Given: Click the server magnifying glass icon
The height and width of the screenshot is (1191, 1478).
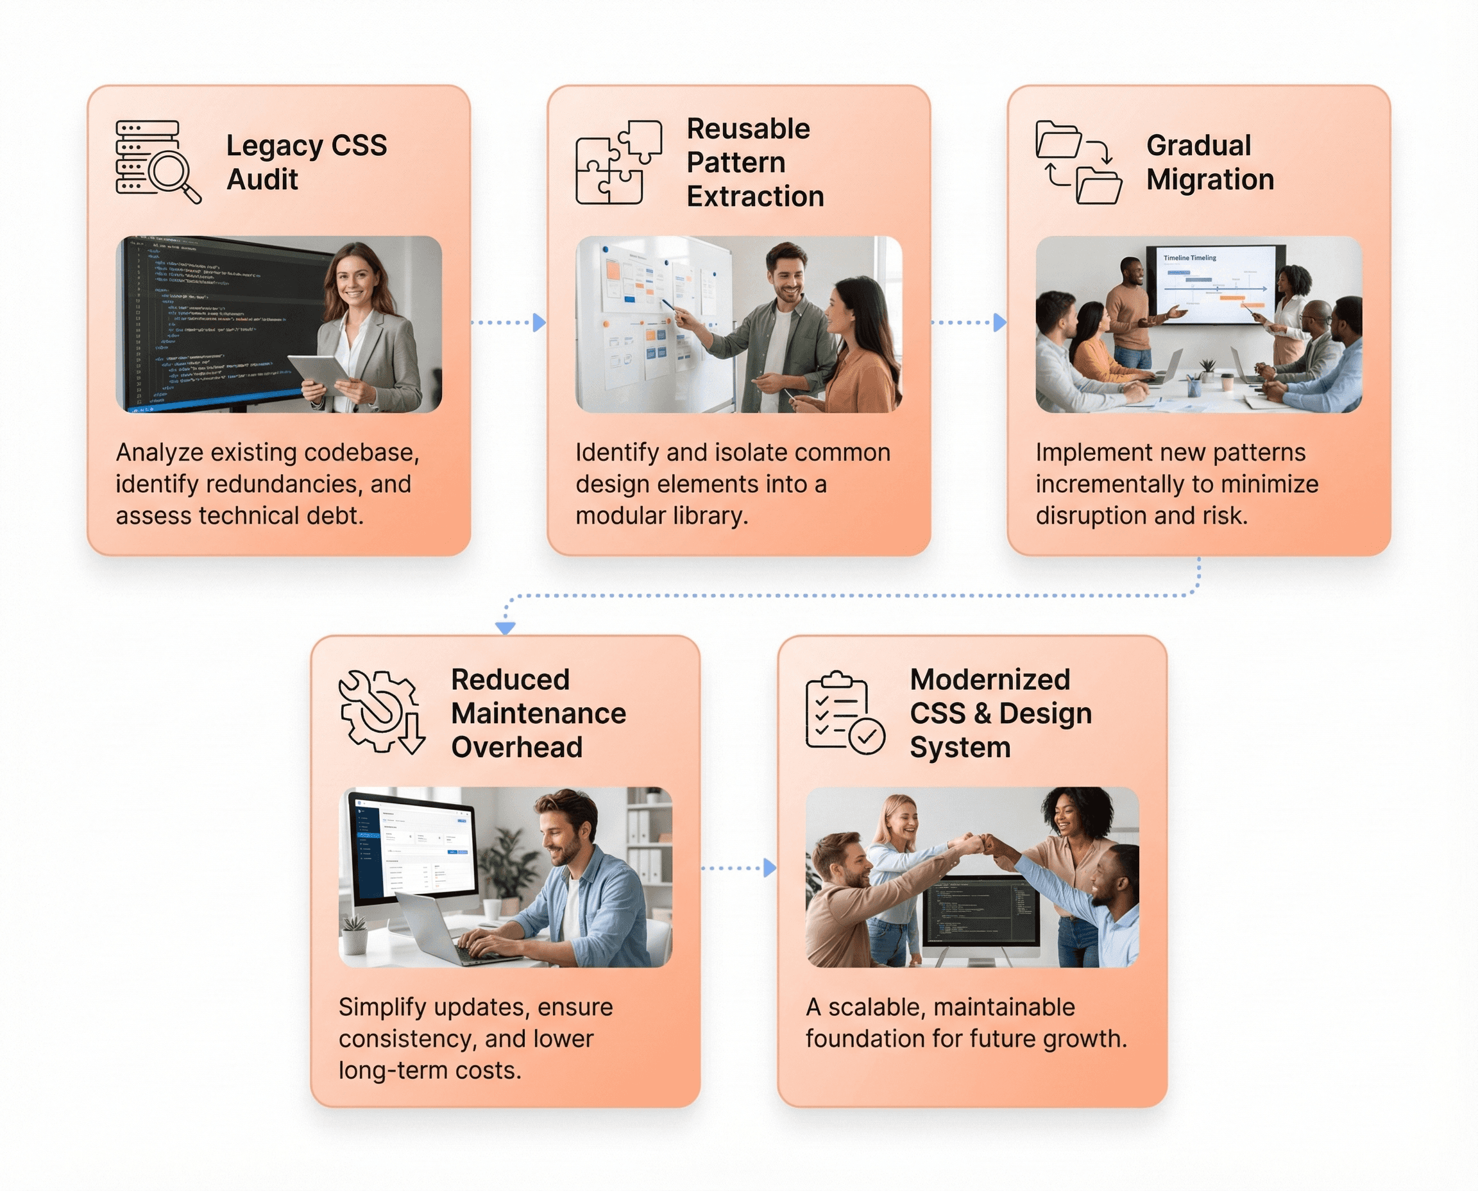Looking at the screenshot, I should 158,162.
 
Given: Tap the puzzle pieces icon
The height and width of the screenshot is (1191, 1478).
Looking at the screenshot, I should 618,162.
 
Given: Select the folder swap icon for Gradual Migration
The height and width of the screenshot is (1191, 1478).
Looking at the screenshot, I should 1078,162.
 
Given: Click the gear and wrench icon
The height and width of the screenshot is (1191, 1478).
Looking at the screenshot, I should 381,712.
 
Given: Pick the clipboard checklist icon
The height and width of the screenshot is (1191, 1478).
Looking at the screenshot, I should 844,712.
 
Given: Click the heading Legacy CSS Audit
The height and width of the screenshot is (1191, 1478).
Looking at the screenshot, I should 306,162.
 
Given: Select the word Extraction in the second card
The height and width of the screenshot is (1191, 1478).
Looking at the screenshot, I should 754,196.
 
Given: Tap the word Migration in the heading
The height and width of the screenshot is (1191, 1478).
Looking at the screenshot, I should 1210,180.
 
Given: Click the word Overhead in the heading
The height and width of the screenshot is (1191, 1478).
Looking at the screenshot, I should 516,747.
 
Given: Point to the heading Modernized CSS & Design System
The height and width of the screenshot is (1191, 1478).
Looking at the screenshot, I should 1000,713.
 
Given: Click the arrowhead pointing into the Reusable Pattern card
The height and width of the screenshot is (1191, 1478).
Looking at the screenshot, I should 539,321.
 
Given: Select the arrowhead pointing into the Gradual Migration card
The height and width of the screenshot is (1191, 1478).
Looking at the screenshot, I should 1000,321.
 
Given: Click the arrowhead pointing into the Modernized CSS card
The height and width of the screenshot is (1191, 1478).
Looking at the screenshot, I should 770,868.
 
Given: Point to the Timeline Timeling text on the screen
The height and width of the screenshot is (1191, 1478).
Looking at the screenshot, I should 1189,258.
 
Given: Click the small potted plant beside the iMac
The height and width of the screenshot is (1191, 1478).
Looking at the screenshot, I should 355,934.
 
